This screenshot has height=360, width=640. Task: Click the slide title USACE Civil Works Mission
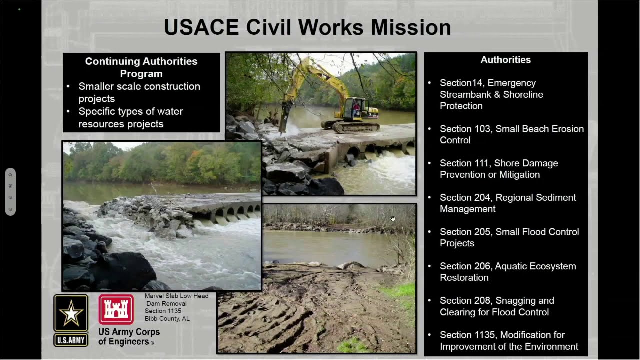307,28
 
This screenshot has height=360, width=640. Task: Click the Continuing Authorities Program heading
141,67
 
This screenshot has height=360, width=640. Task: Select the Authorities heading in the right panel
505,60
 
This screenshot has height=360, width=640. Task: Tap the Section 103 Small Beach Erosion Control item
511,134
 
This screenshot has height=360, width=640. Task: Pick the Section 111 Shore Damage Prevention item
498,169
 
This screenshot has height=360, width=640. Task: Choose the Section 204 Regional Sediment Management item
507,203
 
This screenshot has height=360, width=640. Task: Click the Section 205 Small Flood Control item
509,237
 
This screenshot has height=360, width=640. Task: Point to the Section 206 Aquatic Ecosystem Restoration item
507,272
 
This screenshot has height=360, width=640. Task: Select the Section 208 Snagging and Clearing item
496,306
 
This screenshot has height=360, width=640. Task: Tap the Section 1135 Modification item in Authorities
508,341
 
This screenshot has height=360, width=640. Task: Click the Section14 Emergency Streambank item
491,94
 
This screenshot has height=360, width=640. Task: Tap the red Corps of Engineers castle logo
116,310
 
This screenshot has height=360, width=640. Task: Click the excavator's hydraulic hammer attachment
283,119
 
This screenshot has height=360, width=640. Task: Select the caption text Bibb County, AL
167,319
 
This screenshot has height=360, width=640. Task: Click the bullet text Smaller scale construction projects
139,92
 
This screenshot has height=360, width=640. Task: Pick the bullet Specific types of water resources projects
130,118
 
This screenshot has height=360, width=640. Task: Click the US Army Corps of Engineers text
129,337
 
